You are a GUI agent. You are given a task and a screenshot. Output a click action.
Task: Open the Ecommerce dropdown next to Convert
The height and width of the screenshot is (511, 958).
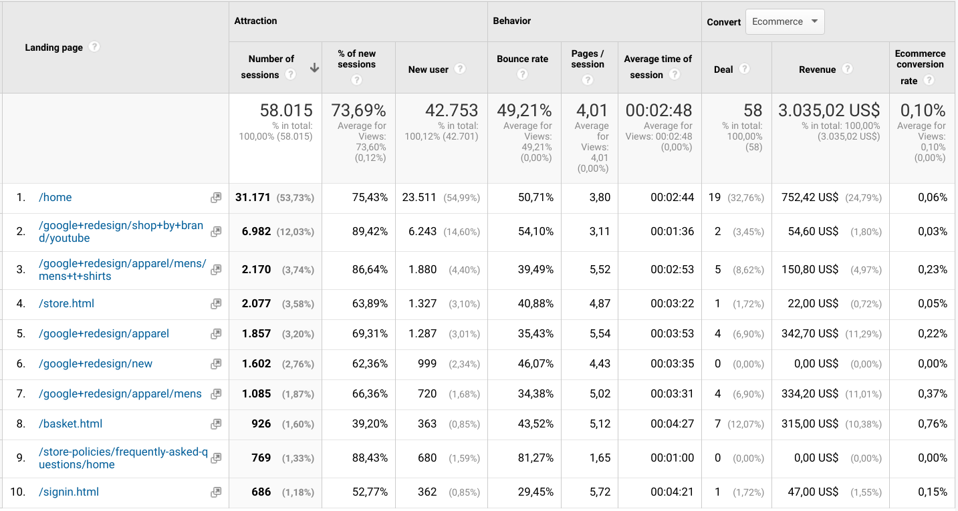784,21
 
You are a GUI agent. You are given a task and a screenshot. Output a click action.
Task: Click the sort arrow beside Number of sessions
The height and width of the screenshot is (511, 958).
314,67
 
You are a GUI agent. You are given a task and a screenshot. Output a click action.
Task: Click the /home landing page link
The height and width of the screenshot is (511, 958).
55,197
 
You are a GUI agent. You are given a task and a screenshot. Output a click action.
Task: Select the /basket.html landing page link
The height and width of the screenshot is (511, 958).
70,423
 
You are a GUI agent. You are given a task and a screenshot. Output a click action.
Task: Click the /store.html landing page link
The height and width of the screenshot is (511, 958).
66,303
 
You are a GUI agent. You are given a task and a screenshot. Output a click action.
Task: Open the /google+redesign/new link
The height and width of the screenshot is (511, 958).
96,363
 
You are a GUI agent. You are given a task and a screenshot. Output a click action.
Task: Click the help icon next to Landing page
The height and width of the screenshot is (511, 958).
94,47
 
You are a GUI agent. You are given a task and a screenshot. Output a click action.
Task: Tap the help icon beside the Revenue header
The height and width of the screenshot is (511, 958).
847,69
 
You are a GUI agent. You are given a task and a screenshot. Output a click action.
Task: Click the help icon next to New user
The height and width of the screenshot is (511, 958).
459,69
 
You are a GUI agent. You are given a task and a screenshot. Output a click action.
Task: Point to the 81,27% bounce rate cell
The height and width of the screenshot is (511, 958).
535,458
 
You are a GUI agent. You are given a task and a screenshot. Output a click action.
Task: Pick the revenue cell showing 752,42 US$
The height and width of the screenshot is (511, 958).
810,197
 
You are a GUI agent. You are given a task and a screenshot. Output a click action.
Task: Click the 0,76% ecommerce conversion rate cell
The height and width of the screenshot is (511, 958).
933,423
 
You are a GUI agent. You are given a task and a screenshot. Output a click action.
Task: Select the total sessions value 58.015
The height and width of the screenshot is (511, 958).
286,110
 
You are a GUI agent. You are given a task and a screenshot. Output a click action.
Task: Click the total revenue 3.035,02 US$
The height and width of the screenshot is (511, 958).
829,110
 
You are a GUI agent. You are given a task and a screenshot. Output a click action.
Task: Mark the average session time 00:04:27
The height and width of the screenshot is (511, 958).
672,423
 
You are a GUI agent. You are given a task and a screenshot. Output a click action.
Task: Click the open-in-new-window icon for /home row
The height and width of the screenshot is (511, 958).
216,198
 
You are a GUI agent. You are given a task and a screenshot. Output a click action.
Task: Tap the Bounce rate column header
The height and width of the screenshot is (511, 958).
522,59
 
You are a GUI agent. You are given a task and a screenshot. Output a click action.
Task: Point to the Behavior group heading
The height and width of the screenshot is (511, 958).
512,21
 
